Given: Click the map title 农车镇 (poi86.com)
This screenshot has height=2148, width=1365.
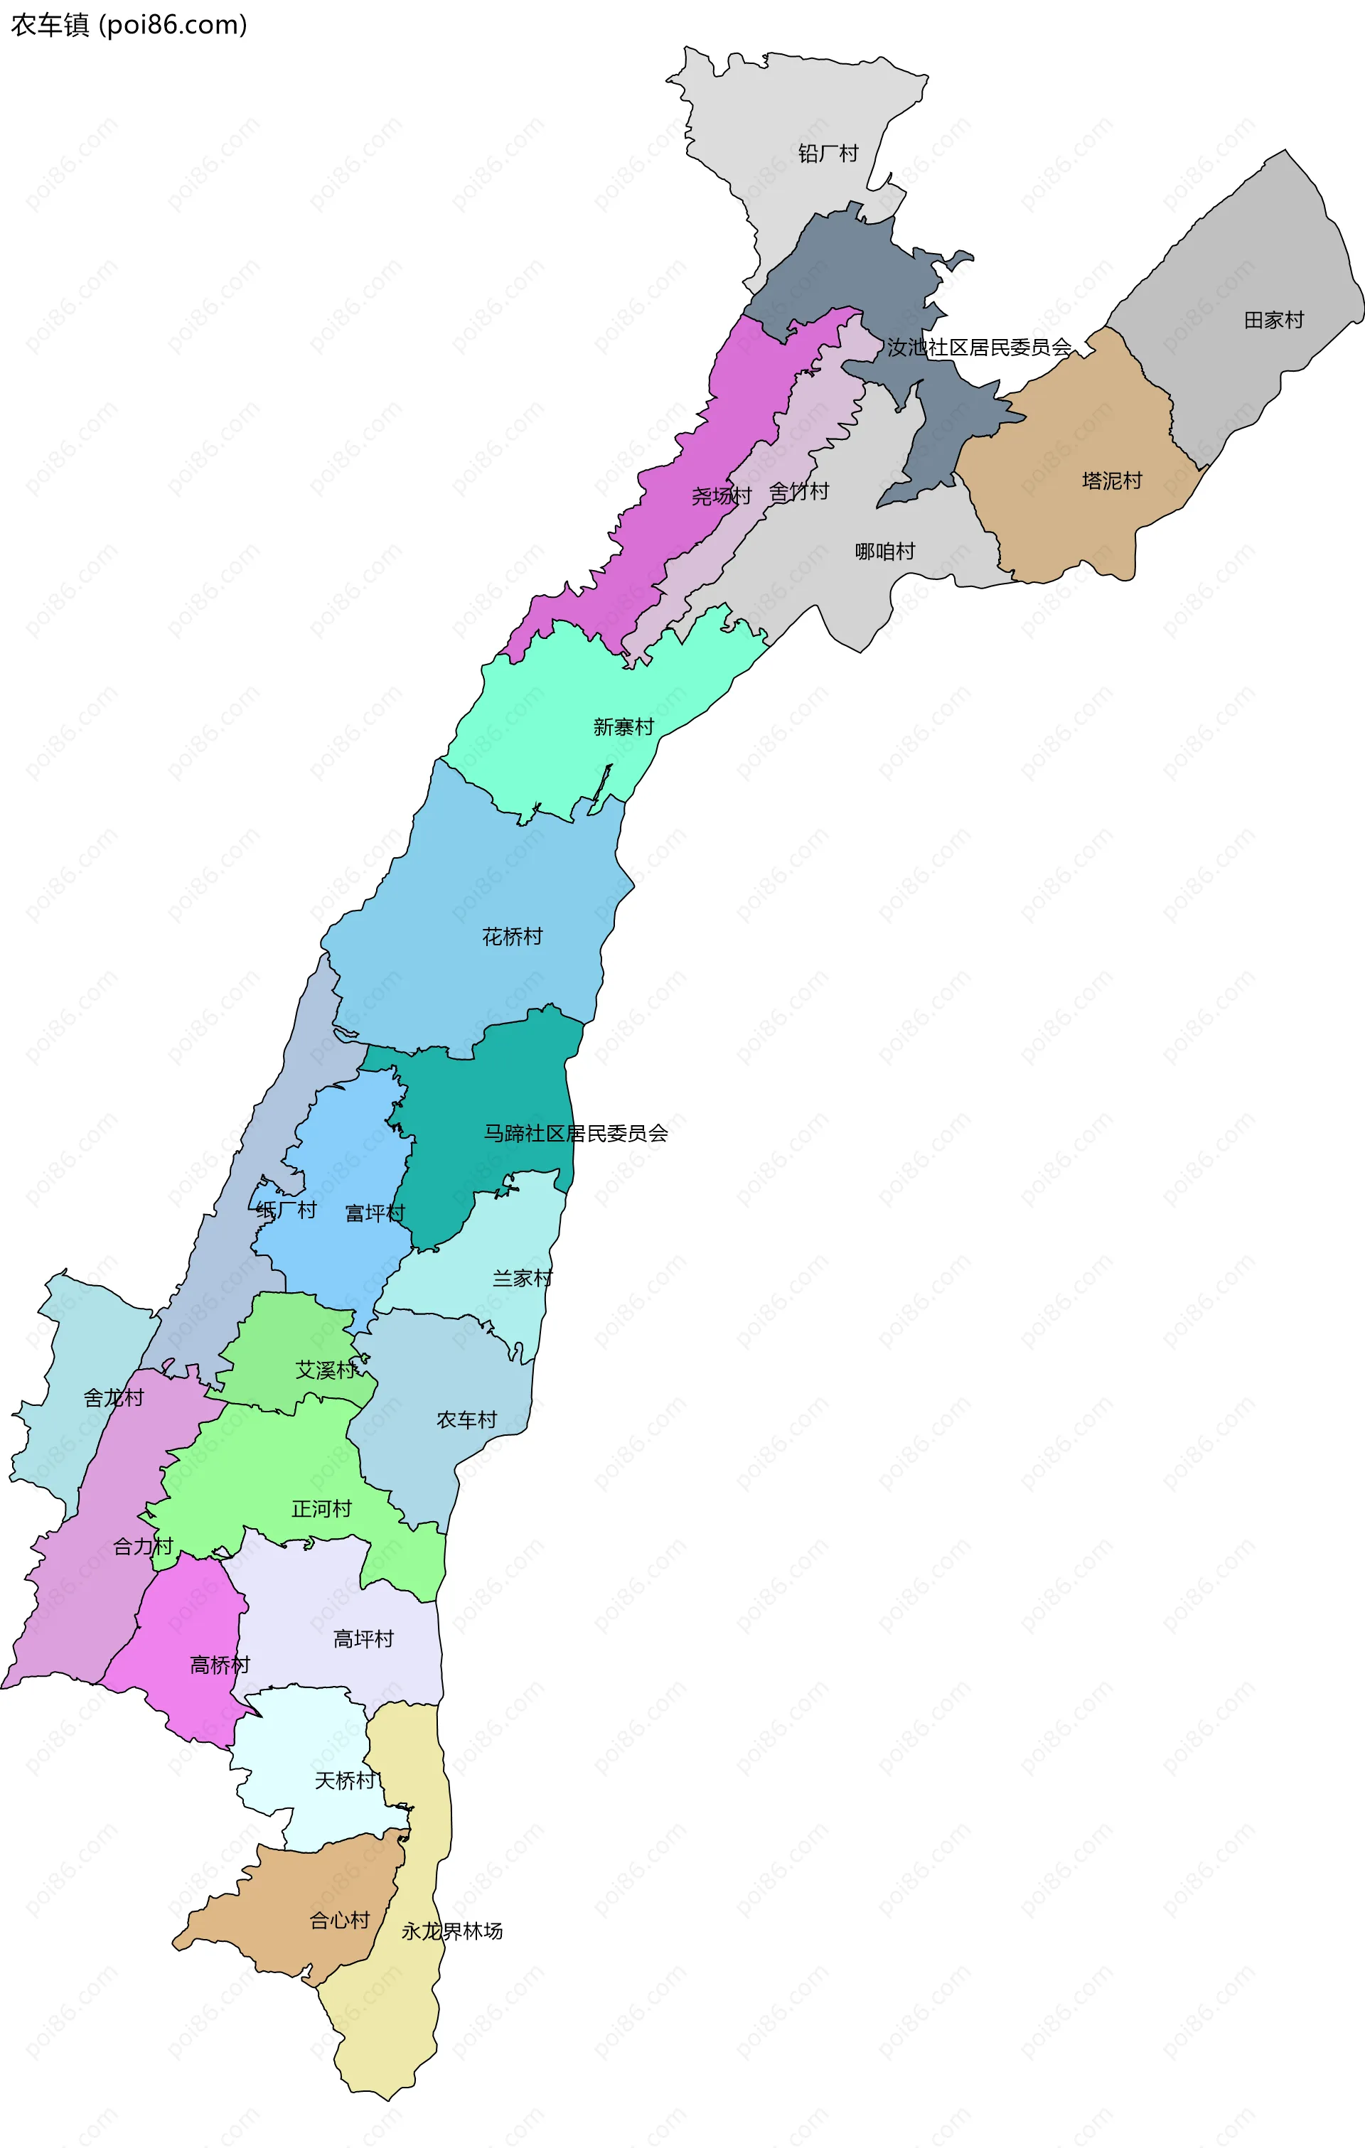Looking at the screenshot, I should click(129, 25).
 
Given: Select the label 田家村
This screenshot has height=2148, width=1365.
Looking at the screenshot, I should click(1273, 319).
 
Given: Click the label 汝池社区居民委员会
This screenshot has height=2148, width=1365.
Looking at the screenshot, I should click(979, 347).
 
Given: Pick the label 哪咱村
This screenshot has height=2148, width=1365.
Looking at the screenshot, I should click(884, 552).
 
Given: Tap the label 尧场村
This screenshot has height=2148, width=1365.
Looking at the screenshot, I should click(721, 496).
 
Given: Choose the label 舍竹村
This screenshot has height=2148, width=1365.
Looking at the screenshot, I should click(798, 491).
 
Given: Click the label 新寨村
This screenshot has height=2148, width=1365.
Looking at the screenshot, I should click(623, 727).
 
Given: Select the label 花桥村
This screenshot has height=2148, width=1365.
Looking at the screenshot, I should click(511, 937).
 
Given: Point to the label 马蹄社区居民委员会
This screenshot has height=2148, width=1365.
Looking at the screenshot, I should click(575, 1133).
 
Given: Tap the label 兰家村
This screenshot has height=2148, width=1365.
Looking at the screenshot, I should click(522, 1278).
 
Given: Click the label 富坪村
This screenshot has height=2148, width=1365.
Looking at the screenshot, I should click(375, 1213).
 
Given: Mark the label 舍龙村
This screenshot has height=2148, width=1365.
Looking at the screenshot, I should click(113, 1398).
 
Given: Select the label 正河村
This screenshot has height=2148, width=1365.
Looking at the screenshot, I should click(321, 1508).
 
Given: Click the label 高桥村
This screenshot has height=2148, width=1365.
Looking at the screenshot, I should click(220, 1665).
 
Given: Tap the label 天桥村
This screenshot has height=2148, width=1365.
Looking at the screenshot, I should click(344, 1781).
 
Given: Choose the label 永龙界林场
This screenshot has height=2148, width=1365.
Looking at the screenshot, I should click(451, 1931).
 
